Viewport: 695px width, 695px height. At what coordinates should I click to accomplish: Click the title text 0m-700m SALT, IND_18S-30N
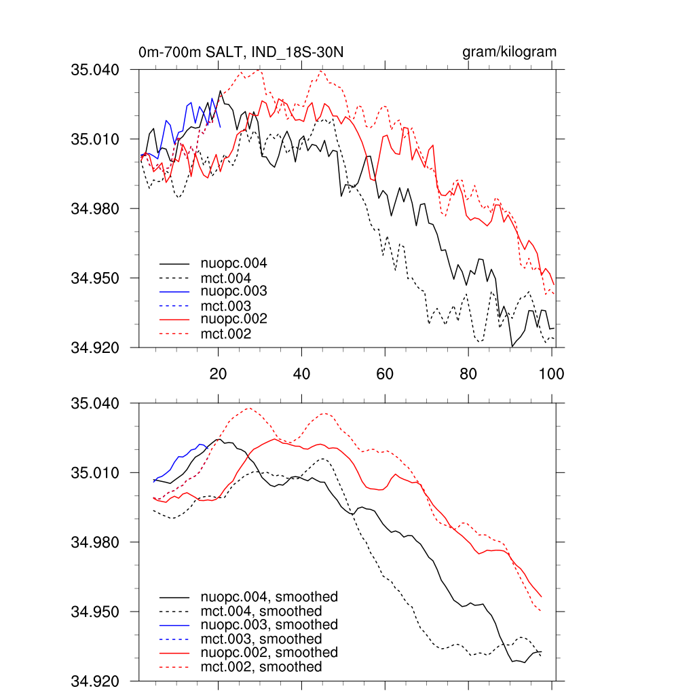[245, 52]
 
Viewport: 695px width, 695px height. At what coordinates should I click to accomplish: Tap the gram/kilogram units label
[509, 52]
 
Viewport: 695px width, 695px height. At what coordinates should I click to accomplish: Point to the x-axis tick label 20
[218, 373]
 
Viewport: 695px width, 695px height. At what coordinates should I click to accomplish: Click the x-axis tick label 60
[385, 373]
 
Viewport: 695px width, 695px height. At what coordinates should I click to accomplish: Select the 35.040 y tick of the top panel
[99, 69]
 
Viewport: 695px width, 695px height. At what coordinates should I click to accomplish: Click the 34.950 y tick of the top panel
[99, 278]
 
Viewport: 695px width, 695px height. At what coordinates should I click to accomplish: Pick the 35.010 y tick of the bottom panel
[99, 472]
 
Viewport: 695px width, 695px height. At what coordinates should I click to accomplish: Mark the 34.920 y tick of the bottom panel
[99, 681]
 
